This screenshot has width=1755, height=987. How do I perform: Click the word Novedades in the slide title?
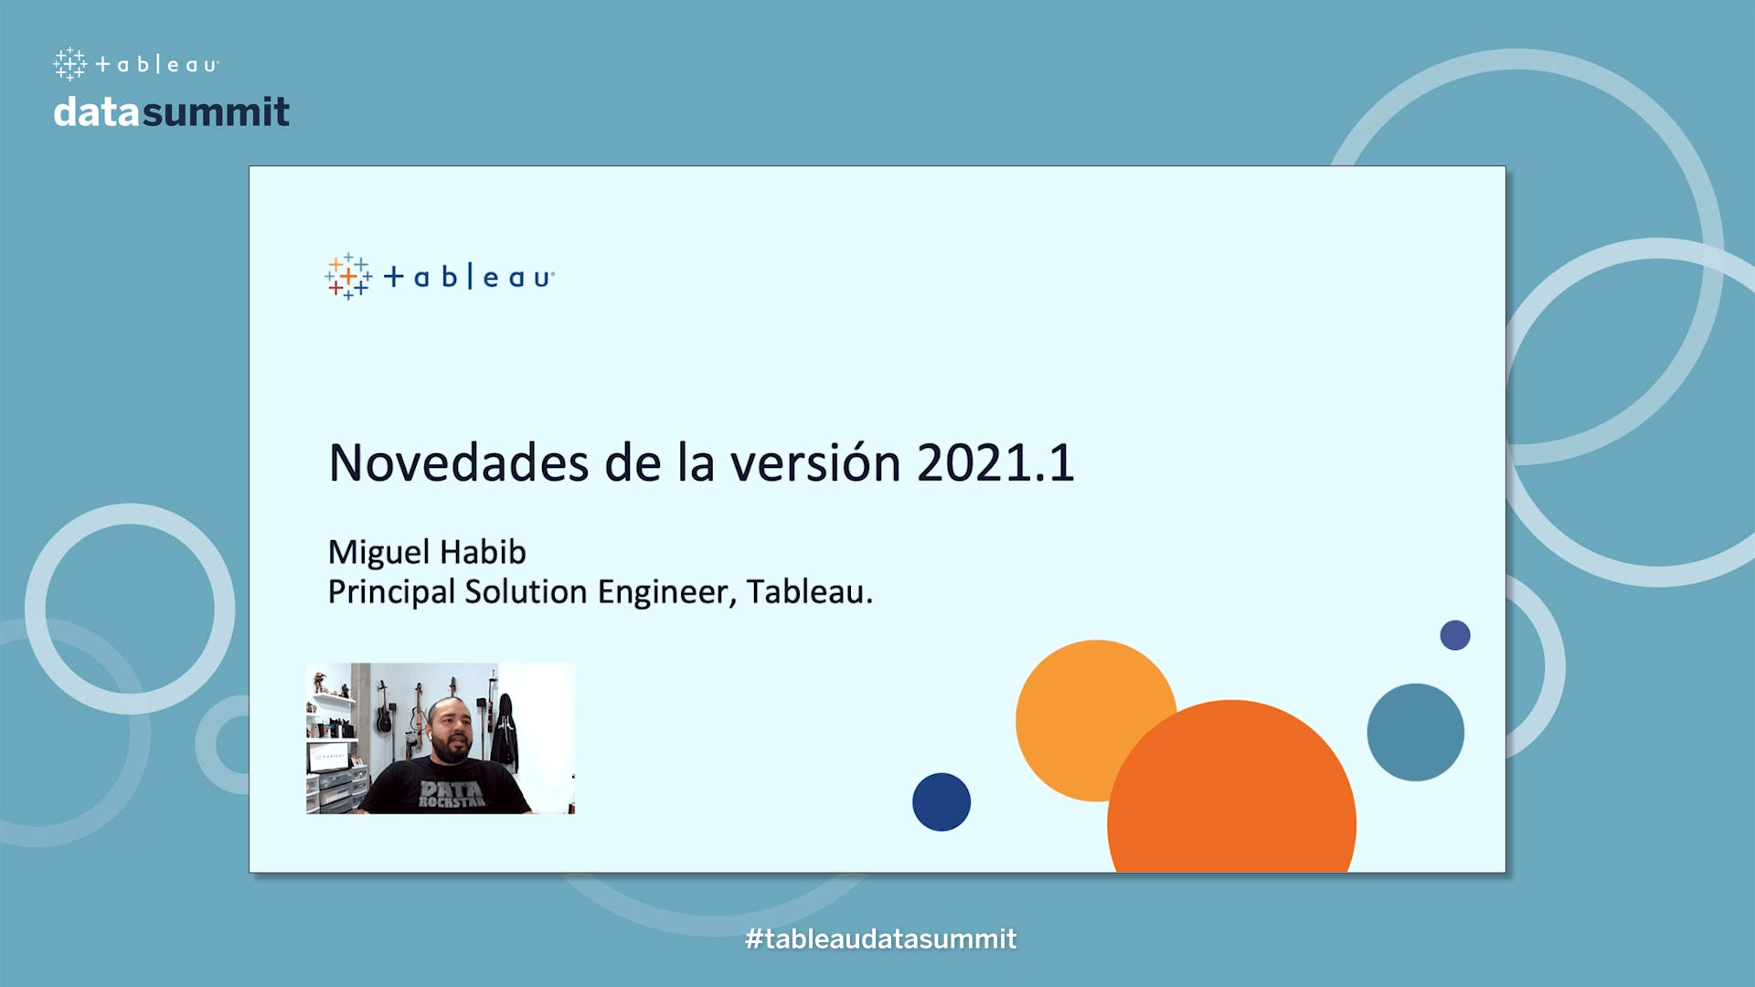[x=459, y=462]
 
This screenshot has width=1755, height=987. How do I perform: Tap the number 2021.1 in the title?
[x=995, y=462]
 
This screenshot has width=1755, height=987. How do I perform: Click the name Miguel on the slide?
[x=378, y=553]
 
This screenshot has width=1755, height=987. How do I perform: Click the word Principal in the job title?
[x=391, y=592]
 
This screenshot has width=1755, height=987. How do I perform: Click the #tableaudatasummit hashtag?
[x=880, y=939]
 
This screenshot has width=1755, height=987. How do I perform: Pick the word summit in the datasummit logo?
[x=216, y=112]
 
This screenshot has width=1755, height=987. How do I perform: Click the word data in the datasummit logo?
[x=97, y=112]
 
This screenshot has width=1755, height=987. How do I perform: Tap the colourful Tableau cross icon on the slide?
[x=348, y=276]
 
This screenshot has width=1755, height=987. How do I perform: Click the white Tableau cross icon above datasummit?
[x=69, y=64]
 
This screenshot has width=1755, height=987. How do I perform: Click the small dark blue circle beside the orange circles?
[x=941, y=801]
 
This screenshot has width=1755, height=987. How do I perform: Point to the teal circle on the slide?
[x=1415, y=732]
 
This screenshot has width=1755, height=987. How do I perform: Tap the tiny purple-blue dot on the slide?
[x=1455, y=635]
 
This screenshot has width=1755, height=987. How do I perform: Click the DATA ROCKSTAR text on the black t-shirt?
[x=452, y=793]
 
